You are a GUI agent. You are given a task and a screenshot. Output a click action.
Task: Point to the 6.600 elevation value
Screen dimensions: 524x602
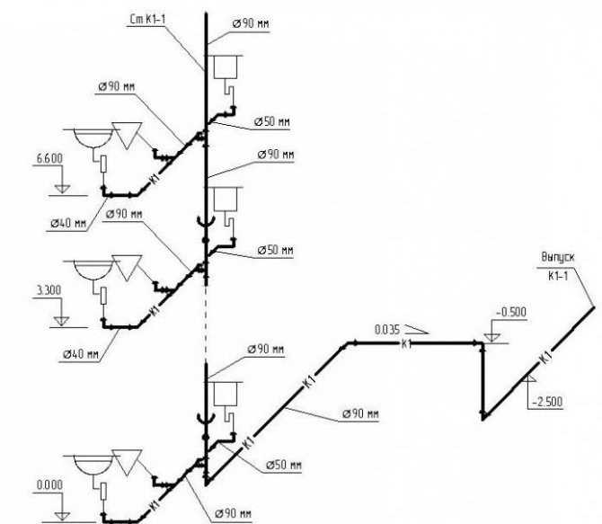50,157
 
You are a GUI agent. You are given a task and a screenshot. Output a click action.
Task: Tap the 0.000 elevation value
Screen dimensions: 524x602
48,485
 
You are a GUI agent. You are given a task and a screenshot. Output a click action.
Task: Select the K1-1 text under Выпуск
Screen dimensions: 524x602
560,276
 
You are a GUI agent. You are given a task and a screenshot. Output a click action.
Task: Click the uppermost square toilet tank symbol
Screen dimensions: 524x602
224,66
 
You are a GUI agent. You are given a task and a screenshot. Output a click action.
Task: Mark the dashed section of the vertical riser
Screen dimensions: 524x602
208,319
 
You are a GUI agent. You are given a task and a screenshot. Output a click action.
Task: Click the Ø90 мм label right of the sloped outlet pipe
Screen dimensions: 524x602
360,415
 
